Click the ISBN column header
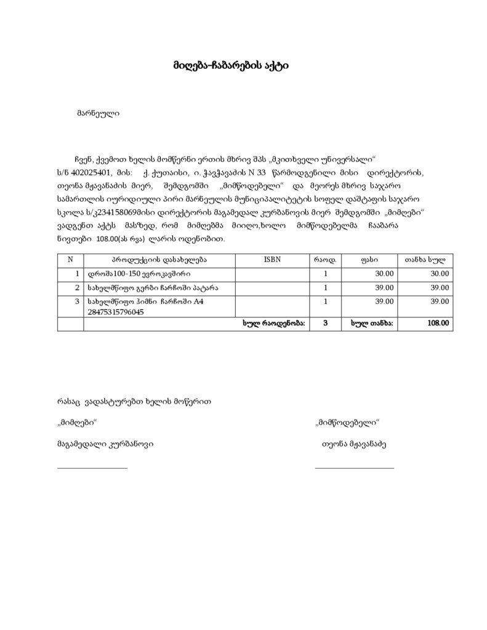(x=272, y=260)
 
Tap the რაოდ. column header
(x=326, y=260)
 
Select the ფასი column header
(x=369, y=260)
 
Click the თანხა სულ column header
(x=425, y=260)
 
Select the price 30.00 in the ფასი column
(x=384, y=274)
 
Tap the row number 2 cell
(x=77, y=287)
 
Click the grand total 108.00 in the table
(x=438, y=323)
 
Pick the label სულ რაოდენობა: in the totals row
(x=274, y=323)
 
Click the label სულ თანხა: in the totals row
(x=372, y=323)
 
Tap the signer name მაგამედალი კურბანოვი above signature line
(x=105, y=443)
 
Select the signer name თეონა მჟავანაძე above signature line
(x=353, y=443)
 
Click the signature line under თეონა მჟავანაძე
(x=354, y=469)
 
